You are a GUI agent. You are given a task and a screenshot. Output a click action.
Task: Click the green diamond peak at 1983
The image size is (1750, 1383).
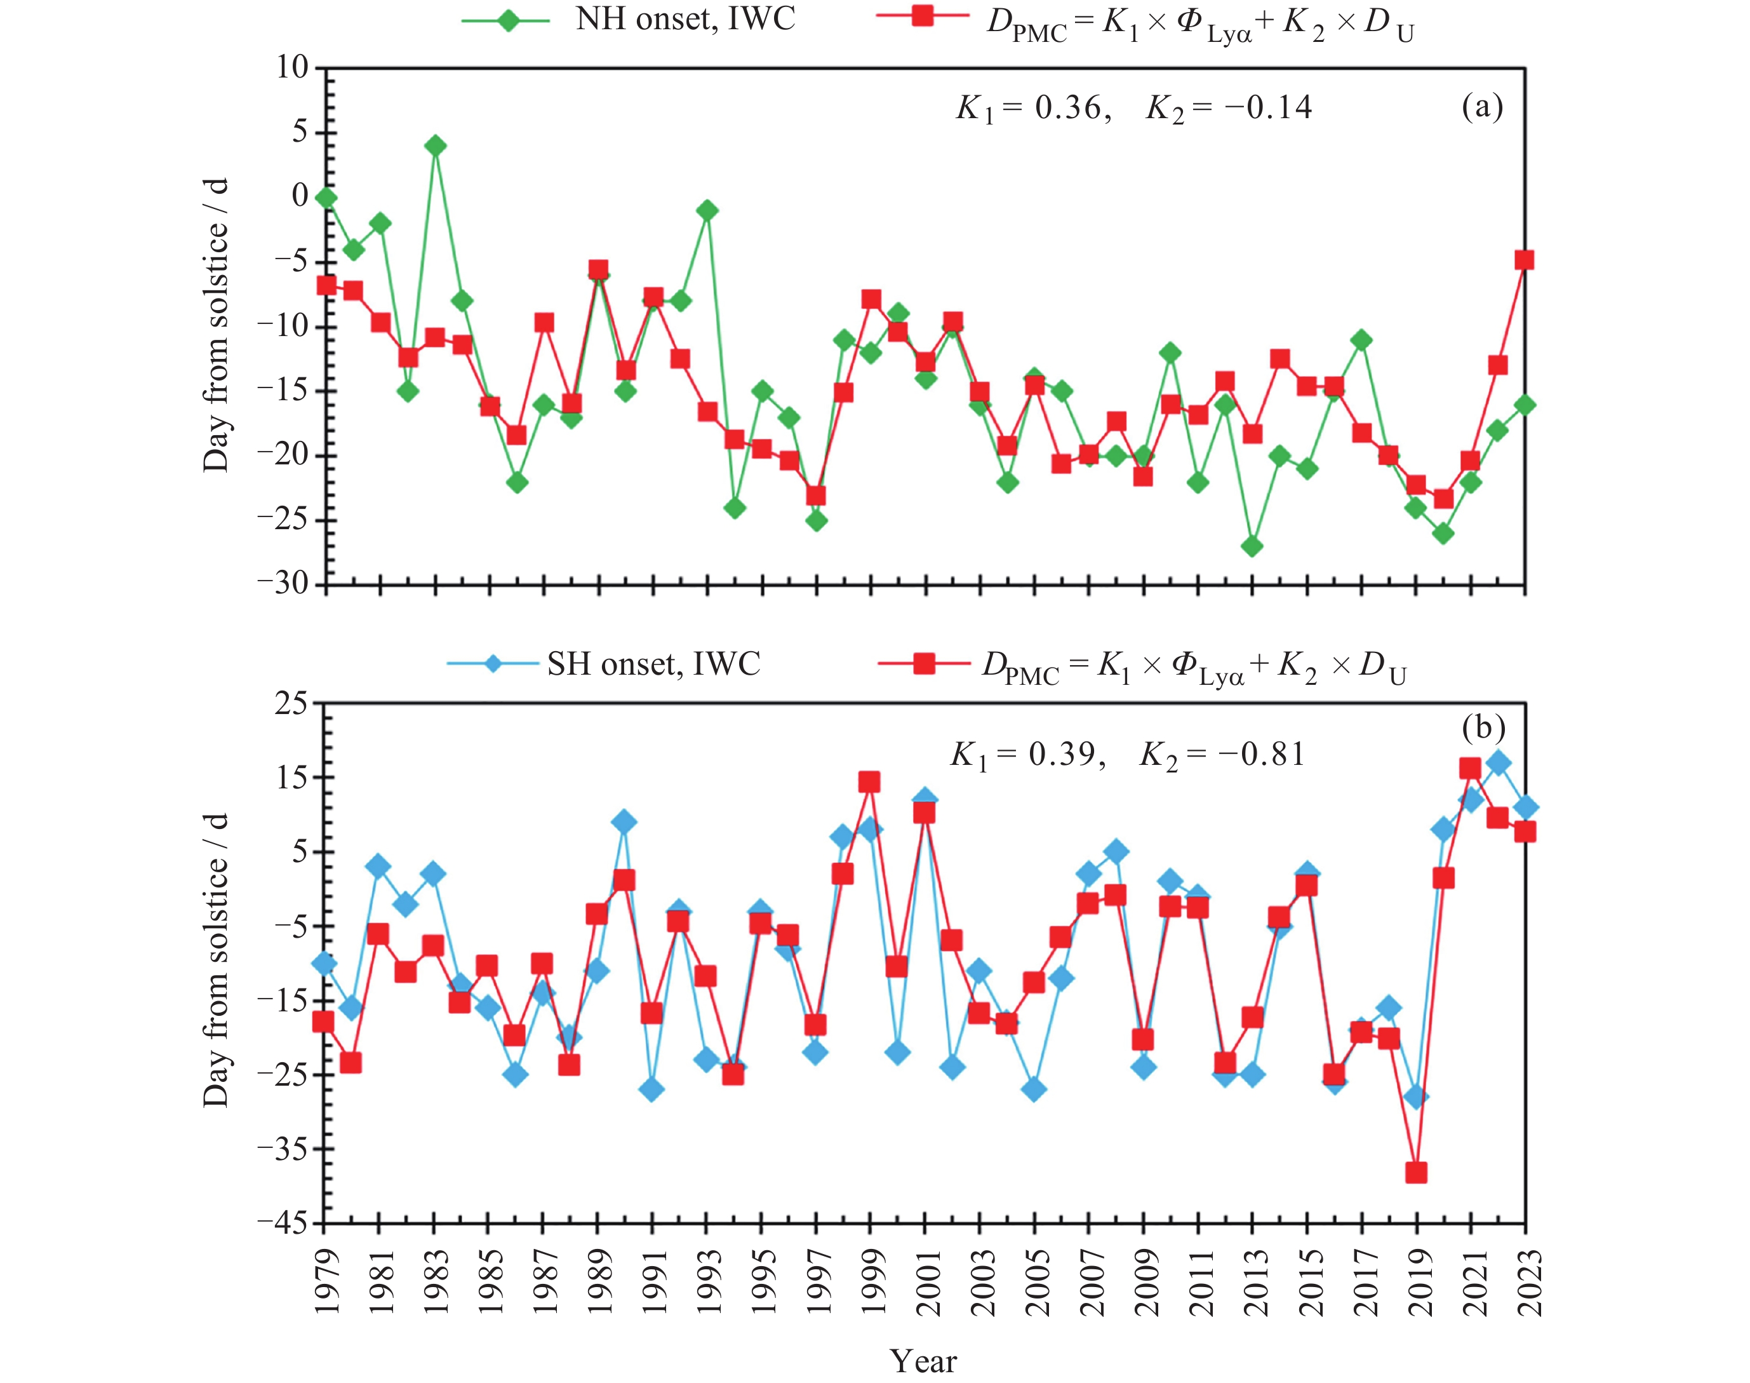(x=436, y=145)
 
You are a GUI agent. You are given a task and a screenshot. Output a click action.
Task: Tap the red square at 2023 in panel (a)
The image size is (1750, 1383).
(x=1524, y=260)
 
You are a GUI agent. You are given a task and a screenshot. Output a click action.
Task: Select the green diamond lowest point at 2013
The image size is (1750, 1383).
(x=1252, y=546)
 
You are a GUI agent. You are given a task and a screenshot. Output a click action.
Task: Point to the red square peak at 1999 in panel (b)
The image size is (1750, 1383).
(x=869, y=782)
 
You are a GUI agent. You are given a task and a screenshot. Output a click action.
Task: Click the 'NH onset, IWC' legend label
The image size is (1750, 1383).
(x=685, y=20)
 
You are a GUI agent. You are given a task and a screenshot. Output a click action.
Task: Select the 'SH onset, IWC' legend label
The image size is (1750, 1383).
(x=653, y=665)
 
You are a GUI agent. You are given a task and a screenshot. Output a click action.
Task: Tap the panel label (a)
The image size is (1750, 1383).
(x=1482, y=106)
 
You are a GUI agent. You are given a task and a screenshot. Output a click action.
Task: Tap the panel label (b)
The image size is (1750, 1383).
(x=1483, y=727)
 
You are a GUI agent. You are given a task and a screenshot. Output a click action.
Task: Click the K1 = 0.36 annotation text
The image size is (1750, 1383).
(x=1029, y=108)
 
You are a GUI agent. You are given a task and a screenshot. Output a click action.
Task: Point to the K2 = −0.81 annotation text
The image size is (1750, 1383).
(x=1222, y=755)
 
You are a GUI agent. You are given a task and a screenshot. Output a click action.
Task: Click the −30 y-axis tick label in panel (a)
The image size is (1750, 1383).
(x=283, y=584)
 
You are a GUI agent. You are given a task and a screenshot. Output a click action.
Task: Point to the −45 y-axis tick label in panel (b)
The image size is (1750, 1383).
(x=283, y=1224)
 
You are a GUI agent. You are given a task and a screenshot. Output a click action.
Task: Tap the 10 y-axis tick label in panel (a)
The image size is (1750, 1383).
(x=292, y=68)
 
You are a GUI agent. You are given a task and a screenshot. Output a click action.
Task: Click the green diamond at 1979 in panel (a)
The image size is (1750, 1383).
(x=326, y=198)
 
